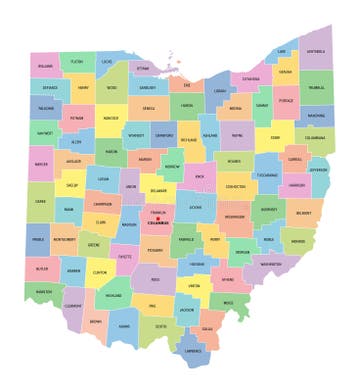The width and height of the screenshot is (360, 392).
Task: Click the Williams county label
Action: point(46,66)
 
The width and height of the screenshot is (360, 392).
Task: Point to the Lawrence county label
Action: point(193,351)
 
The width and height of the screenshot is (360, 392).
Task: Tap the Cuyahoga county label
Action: point(250,77)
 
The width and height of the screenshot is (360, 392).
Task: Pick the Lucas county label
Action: point(107,62)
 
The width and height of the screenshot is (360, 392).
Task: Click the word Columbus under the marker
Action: point(158,225)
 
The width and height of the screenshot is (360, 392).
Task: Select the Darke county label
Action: point(40,201)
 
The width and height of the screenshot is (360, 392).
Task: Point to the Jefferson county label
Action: point(319,170)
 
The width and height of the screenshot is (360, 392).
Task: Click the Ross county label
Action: point(155,279)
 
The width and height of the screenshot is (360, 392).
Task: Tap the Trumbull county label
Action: point(318,87)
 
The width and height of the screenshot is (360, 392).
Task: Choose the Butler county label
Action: point(42,269)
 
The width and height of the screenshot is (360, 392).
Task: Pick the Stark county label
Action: point(275,138)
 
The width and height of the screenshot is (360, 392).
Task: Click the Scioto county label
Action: point(160,325)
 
